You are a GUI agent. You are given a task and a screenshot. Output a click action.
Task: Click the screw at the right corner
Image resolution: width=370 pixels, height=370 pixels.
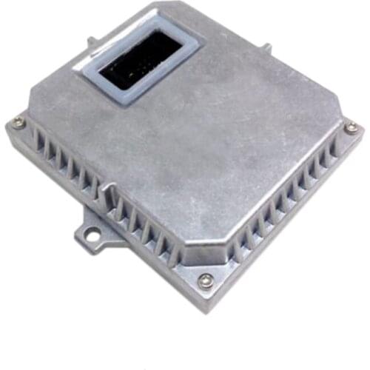tap(351, 127)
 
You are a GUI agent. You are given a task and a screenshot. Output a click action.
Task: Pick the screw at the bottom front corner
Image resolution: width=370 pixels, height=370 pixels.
tap(206, 280)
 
